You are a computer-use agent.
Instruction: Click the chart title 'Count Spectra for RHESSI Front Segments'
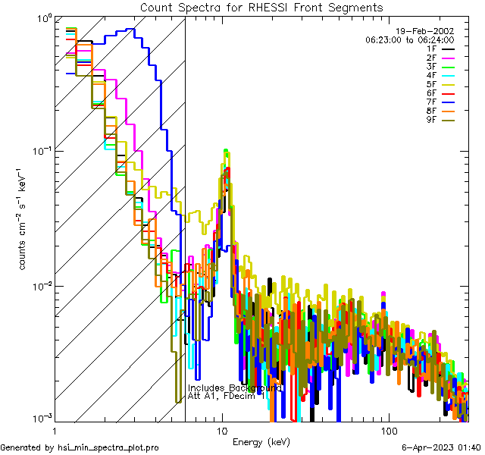[x=261, y=8]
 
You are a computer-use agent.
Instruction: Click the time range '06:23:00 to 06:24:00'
[x=409, y=39]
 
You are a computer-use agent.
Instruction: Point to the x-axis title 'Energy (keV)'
[x=261, y=442]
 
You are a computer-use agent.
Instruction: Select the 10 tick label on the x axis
[x=221, y=430]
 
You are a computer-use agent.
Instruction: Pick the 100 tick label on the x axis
[x=388, y=430]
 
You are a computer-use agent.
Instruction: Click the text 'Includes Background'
[x=235, y=388]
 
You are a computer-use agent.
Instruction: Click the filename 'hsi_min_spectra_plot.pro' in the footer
[x=108, y=448]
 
